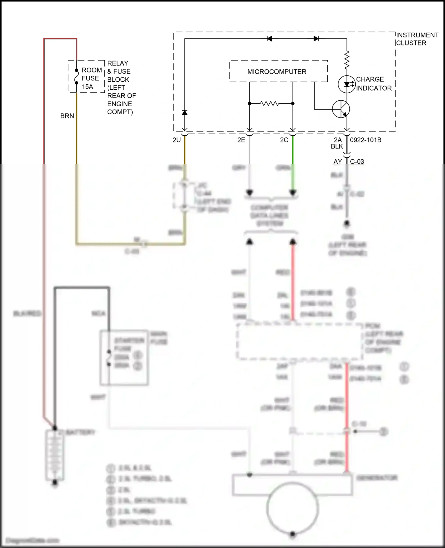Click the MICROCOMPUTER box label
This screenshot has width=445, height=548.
pos(276,72)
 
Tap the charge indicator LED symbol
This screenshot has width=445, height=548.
pos(347,84)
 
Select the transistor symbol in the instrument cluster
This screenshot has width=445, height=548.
pos(341,109)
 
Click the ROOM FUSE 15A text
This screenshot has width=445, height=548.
pos(91,78)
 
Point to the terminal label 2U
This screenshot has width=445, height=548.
pos(177,140)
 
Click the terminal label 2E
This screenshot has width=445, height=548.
pos(241,140)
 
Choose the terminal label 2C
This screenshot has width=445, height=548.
pos(284,140)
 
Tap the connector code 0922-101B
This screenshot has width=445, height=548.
pos(365,140)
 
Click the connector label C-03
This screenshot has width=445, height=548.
pos(357,162)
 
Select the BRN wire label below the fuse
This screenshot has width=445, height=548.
pos(67,116)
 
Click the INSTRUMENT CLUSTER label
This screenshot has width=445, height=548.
pos(417,39)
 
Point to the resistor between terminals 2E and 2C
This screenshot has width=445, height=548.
pos(269,103)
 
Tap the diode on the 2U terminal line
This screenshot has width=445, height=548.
pos(185,112)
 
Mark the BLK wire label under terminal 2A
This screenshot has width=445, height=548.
pos(337,146)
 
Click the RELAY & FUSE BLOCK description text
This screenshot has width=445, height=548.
pos(121,88)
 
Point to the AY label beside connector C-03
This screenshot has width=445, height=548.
pos(338,162)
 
